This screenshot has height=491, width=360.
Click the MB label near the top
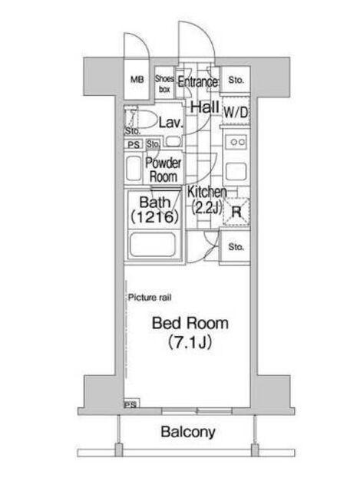137,80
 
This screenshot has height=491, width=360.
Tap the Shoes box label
164,84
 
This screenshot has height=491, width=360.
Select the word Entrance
198,82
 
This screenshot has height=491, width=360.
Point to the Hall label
205,107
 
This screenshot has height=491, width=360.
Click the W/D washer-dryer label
236,112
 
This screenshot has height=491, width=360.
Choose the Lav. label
170,123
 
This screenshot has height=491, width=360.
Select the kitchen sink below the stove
236,171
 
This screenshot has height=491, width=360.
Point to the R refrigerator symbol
236,212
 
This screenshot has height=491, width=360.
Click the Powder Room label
163,170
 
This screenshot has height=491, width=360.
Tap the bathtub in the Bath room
154,245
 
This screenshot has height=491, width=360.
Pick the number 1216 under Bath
155,216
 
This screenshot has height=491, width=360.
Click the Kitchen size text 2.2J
206,206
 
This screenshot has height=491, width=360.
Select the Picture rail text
150,298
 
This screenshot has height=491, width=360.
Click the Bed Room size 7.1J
190,341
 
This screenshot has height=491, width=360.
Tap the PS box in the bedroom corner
131,404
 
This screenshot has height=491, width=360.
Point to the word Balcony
188,432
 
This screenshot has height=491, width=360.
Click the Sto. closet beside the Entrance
236,80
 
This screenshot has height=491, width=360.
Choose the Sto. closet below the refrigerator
236,247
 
